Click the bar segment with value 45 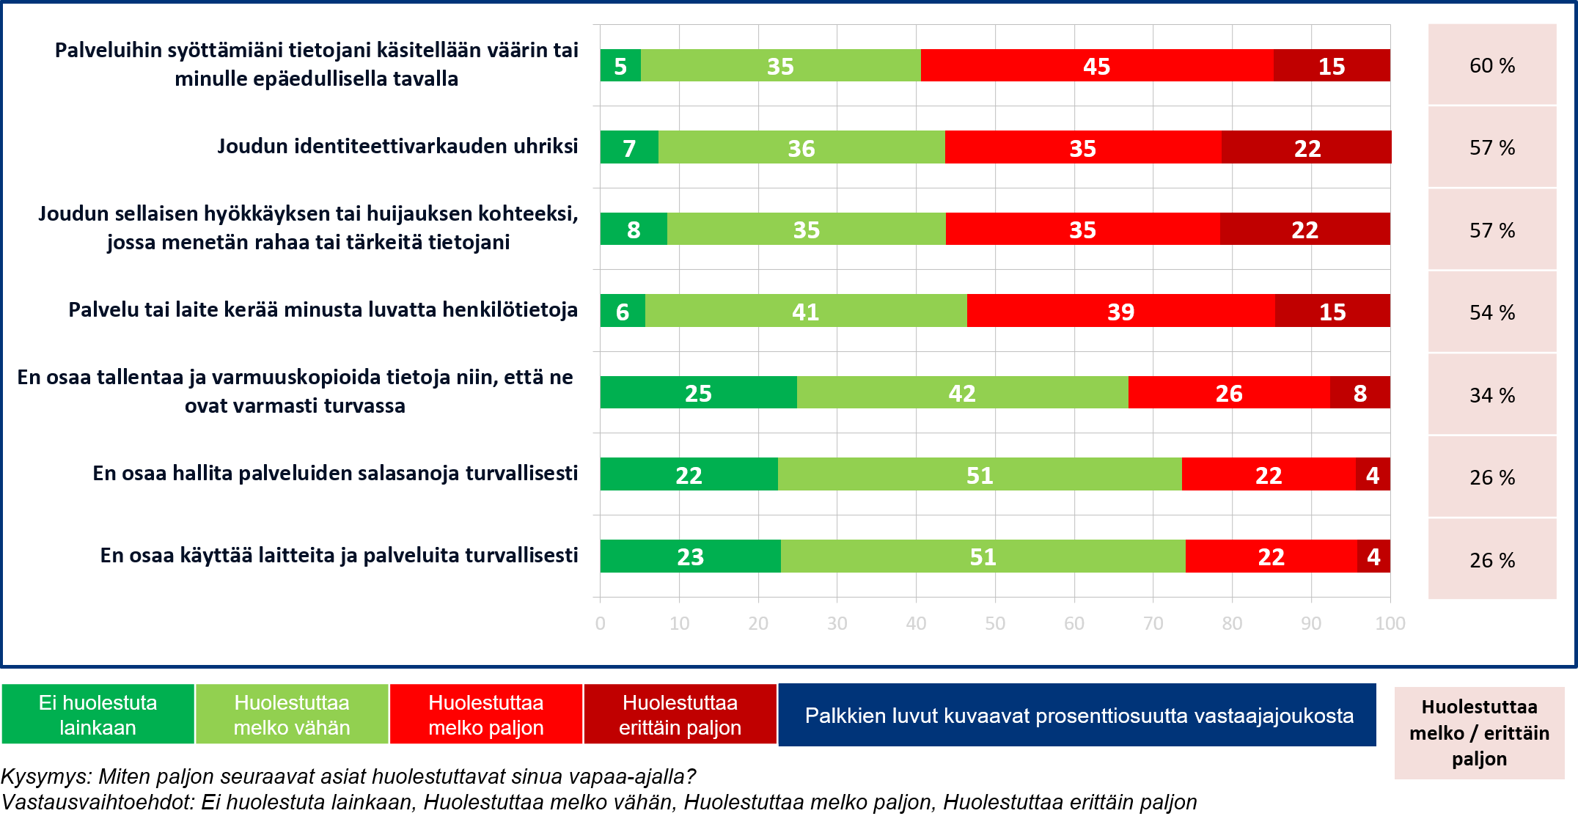1096,66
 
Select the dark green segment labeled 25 698,393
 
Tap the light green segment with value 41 805,312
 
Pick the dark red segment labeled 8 1359,393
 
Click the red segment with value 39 1120,312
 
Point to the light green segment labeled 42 961,393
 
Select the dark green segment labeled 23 690,556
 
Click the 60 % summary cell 1491,65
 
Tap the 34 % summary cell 1491,395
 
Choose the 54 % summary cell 1491,312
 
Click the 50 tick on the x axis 995,623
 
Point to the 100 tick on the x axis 1390,623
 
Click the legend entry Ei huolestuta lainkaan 98,714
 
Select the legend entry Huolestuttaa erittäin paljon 680,714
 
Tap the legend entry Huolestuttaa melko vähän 291,714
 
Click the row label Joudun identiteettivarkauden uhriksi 397,146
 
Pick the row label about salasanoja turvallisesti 334,473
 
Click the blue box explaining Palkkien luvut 1077,715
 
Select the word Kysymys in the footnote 45,776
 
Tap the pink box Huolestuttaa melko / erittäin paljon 1479,732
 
